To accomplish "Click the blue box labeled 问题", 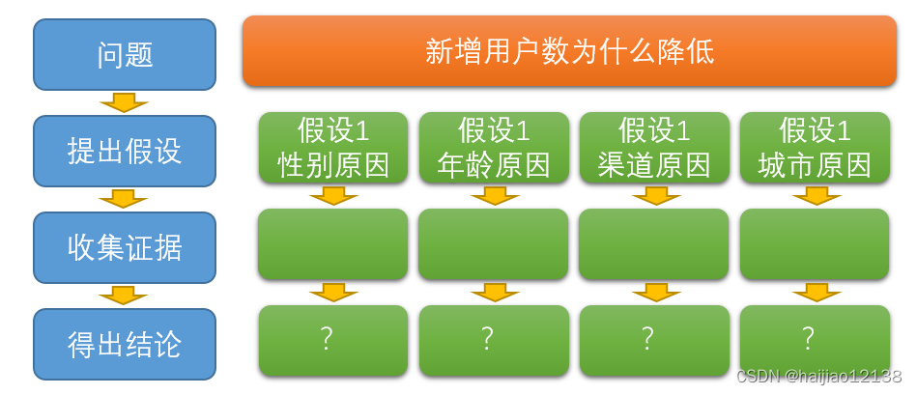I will (x=125, y=54).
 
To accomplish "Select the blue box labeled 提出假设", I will (x=125, y=151).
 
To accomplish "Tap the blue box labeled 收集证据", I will (x=125, y=247).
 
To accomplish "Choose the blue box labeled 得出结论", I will (x=125, y=344).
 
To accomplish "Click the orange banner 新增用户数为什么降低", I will (x=569, y=51).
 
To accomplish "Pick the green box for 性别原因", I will (x=333, y=148).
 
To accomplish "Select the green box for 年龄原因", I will (x=494, y=148).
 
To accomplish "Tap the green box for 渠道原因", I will (x=654, y=148).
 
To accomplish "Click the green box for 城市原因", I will (x=815, y=148).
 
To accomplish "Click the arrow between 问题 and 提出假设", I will (x=125, y=102).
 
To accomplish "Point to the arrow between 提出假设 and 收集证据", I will (x=125, y=199).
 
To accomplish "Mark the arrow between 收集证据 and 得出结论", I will (x=125, y=296).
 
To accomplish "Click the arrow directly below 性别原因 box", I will (x=333, y=196).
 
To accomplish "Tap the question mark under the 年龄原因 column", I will (x=487, y=338).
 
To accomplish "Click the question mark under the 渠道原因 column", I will (x=647, y=338).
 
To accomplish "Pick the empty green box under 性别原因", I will (x=333, y=244).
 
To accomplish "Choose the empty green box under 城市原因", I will (x=815, y=244).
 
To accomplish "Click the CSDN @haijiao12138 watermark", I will (x=818, y=377).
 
